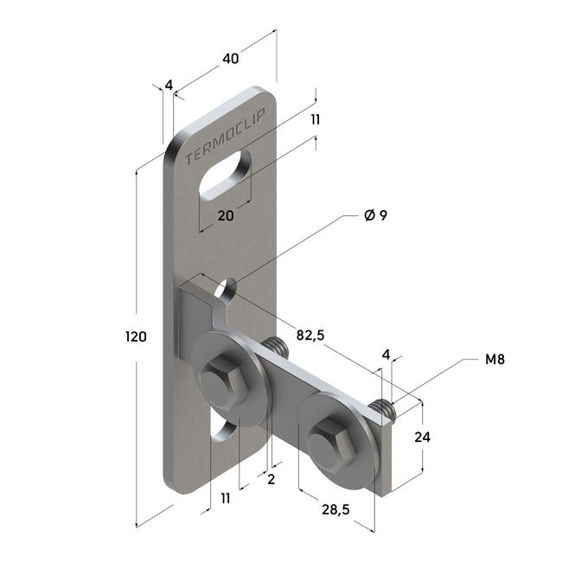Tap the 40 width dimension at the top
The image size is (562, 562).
pos(230,59)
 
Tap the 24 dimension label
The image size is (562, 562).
pos(422,437)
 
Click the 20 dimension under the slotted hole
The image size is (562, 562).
pos(226,216)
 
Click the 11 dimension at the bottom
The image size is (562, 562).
pos(226,498)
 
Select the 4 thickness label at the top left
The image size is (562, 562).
pos(169,85)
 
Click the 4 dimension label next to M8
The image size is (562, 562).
pos(386,354)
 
